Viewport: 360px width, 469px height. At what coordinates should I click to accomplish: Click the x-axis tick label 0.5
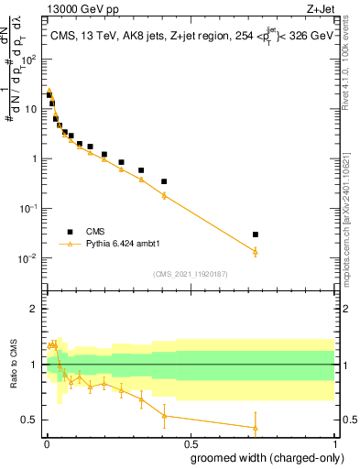pos(191,442)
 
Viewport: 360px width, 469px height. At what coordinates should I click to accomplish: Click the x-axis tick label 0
pos(46,442)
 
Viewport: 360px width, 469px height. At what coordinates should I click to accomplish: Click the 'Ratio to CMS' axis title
pos(14,378)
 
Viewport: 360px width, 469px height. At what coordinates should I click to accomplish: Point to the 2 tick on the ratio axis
pos(36,309)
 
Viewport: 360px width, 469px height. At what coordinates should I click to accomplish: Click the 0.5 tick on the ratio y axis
pos(32,420)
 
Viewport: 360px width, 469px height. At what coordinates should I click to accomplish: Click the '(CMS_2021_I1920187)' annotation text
pos(191,274)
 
